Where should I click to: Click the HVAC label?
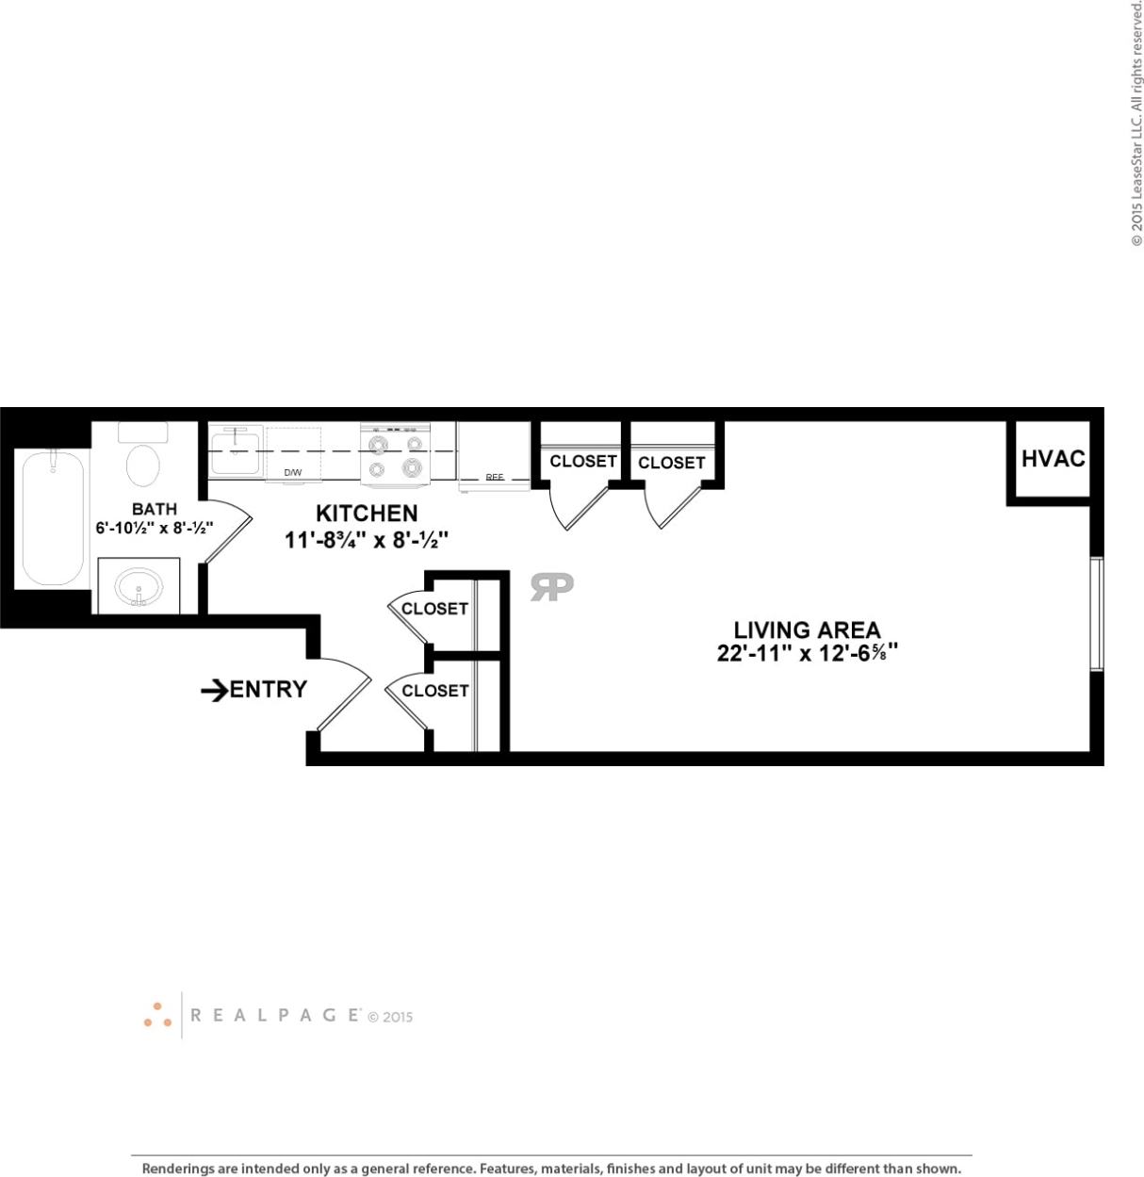(1053, 459)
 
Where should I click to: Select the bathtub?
(53, 517)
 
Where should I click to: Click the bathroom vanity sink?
(139, 588)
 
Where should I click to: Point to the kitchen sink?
(236, 451)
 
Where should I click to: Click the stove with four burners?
(395, 454)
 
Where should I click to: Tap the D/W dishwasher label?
(293, 472)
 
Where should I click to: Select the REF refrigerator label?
(494, 478)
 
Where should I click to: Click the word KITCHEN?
(367, 514)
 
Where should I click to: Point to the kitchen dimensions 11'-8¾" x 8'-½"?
(367, 540)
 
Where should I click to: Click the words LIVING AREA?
(807, 629)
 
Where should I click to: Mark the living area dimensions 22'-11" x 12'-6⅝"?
(807, 653)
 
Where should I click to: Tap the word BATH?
(155, 509)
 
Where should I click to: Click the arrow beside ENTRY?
(214, 691)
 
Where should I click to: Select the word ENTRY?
(269, 690)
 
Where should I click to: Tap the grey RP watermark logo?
(551, 586)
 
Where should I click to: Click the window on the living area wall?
(1096, 614)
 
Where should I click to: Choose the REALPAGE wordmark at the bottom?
(274, 1015)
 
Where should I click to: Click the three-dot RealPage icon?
(157, 1015)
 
